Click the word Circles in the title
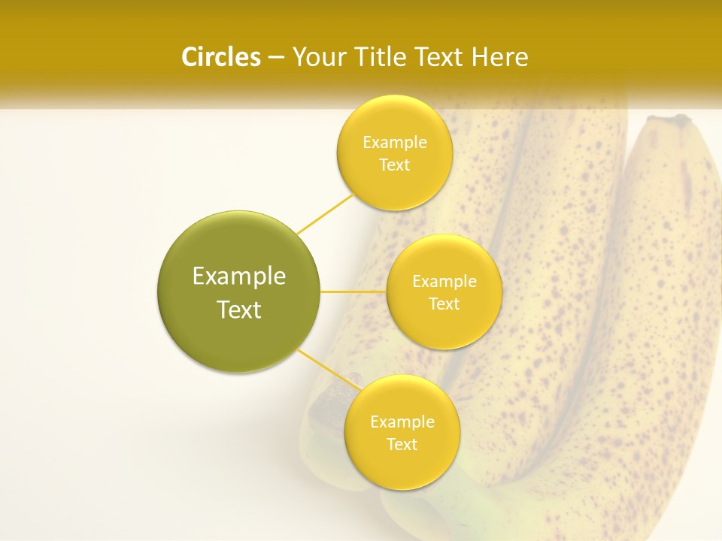[x=221, y=57]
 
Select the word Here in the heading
[x=500, y=57]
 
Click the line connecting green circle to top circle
[x=325, y=214]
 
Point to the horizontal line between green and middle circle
[x=353, y=292]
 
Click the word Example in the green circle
[x=239, y=277]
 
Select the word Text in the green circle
[x=239, y=310]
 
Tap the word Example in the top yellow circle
[x=394, y=143]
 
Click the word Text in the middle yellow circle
[x=444, y=304]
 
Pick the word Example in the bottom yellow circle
[x=402, y=422]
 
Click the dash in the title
[x=275, y=57]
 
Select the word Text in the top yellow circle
[x=394, y=165]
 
